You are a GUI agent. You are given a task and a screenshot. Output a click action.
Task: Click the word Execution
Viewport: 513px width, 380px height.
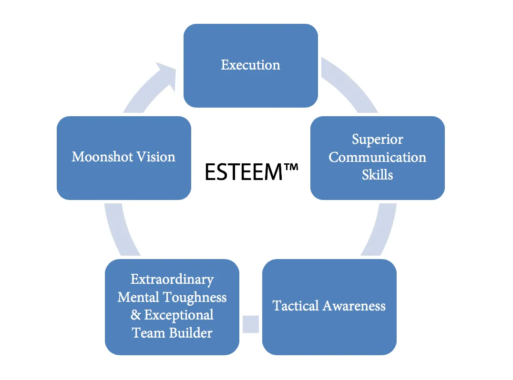pos(250,65)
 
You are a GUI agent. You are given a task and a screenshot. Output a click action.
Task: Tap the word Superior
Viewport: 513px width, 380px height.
pos(377,139)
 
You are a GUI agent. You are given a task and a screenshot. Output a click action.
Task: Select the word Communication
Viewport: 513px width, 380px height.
pos(377,157)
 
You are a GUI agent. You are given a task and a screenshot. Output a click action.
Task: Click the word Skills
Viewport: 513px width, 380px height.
pos(377,175)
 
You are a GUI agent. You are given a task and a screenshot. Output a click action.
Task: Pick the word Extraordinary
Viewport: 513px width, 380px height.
pos(172,279)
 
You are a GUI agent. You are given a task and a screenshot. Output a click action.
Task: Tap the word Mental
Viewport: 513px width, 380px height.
pos(138,297)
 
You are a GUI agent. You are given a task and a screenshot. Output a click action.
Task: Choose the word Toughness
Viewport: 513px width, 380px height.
pos(195,298)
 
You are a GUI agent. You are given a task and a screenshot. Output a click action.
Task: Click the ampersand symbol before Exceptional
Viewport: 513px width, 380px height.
pos(136,315)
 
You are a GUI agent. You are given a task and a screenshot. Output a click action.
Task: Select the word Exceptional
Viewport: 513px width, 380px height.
pos(179,315)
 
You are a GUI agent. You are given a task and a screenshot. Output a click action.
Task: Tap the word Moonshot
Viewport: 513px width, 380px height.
pos(102,157)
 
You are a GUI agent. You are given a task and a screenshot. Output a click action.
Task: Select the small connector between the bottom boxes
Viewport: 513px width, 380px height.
pos(251,324)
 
